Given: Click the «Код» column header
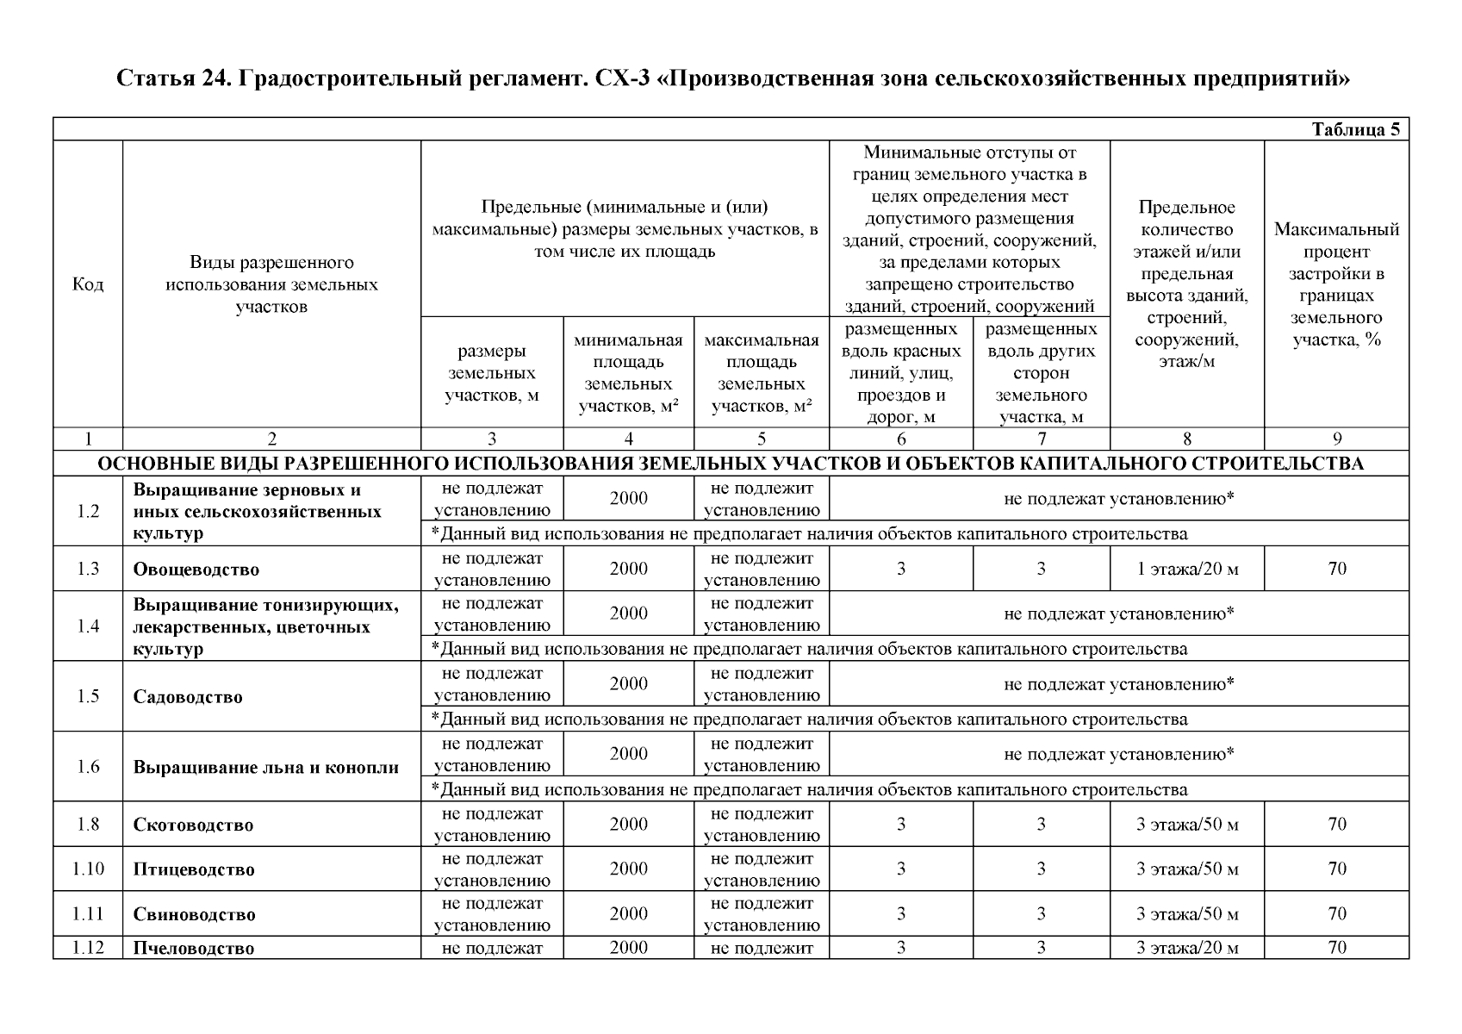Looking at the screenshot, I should pyautogui.click(x=88, y=284).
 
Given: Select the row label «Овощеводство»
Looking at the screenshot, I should pyautogui.click(x=196, y=570).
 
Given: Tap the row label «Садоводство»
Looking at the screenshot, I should pyautogui.click(x=188, y=697).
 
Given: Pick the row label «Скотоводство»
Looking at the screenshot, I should pyautogui.click(x=193, y=825).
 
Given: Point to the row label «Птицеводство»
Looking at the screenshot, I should pyautogui.click(x=194, y=869).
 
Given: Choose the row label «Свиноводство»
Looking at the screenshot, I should pyautogui.click(x=194, y=914).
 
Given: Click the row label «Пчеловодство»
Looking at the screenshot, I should pyautogui.click(x=194, y=949).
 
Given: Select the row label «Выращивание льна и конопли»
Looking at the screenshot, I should pyautogui.click(x=265, y=768).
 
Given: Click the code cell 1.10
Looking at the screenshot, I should pyautogui.click(x=88, y=869).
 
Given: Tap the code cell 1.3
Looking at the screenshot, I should pyautogui.click(x=88, y=569).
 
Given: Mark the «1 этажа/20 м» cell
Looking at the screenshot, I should pyautogui.click(x=1187, y=569).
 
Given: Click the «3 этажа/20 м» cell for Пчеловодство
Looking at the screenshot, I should pyautogui.click(x=1187, y=949).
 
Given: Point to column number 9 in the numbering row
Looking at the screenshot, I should pyautogui.click(x=1336, y=439).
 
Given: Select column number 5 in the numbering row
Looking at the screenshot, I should pyautogui.click(x=761, y=439).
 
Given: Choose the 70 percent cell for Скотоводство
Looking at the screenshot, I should pyautogui.click(x=1336, y=825).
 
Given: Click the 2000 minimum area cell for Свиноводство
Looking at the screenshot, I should pyautogui.click(x=628, y=914).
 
